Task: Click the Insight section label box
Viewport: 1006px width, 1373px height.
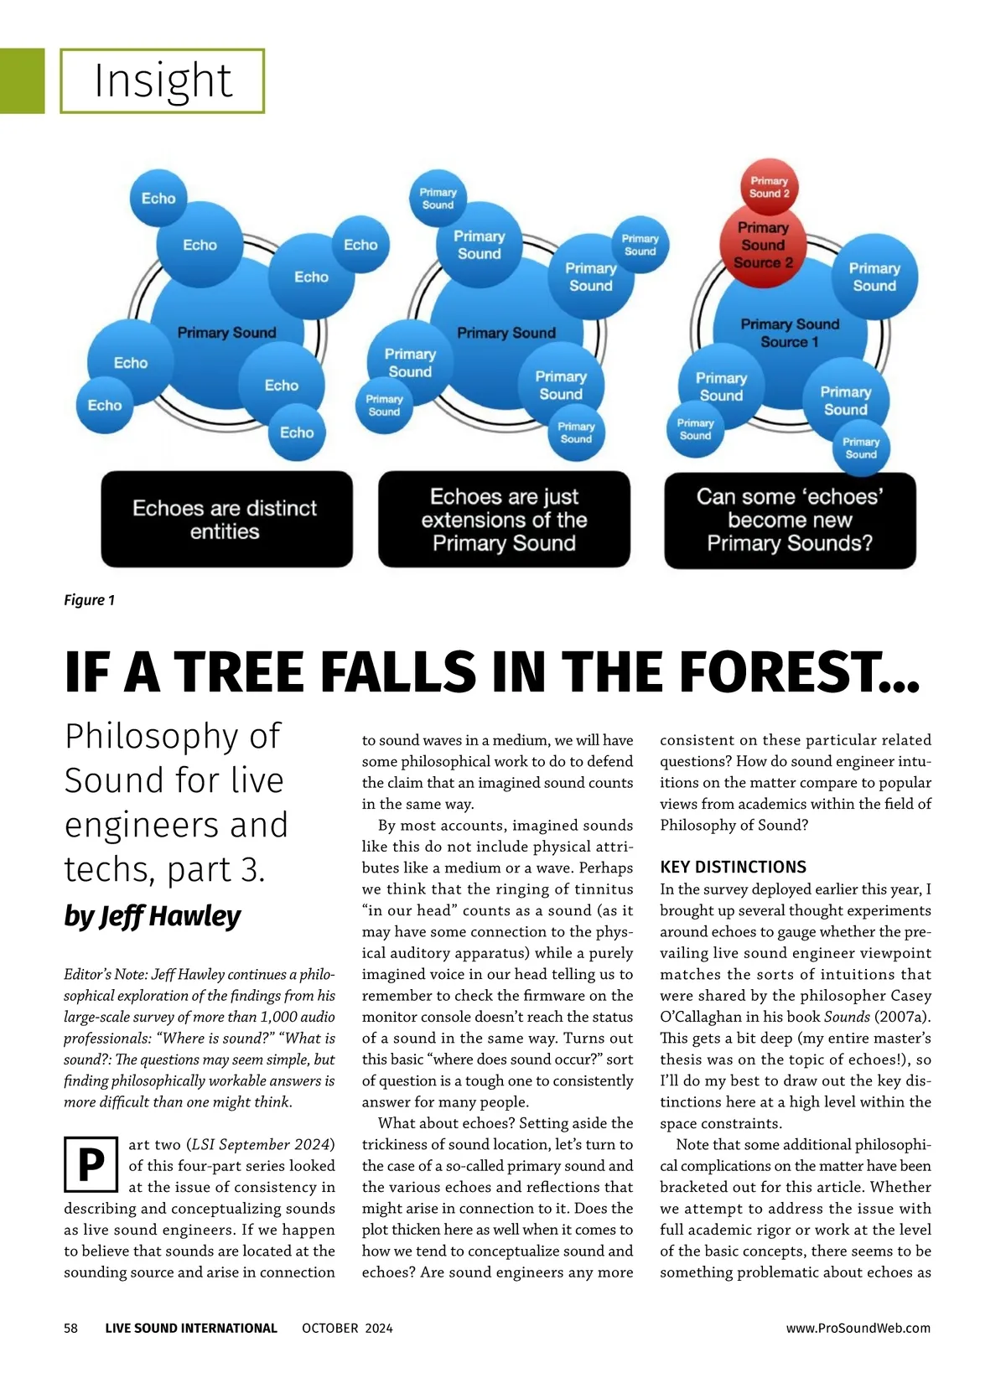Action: click(x=163, y=81)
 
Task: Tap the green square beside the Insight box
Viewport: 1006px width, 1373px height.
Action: click(x=22, y=81)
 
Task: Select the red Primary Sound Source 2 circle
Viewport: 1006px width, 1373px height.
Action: click(x=763, y=246)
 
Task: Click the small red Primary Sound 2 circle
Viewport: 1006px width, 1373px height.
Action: click(x=769, y=187)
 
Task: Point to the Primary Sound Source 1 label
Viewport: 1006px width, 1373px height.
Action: click(x=790, y=333)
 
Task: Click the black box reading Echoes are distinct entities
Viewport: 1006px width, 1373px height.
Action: click(x=226, y=520)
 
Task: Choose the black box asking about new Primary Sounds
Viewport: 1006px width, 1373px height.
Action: click(x=790, y=520)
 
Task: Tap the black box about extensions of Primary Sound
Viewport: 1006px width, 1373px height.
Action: click(x=504, y=520)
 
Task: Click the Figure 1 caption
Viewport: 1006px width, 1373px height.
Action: click(x=89, y=600)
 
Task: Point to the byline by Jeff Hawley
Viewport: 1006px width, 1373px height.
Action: click(x=153, y=916)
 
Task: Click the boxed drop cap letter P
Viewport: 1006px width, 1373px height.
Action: click(x=91, y=1164)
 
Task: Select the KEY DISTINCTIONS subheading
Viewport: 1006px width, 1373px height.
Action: click(x=733, y=868)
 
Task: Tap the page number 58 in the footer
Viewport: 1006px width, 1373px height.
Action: click(x=71, y=1328)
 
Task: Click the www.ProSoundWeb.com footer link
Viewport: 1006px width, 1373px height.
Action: click(x=858, y=1328)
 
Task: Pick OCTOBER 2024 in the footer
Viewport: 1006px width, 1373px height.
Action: click(x=347, y=1328)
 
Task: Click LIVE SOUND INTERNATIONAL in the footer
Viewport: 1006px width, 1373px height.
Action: click(x=191, y=1328)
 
